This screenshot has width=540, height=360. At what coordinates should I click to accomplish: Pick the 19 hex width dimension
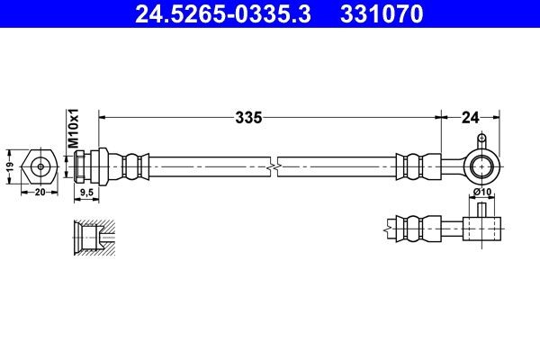point(9,166)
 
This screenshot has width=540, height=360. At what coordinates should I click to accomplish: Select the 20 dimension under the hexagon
point(39,192)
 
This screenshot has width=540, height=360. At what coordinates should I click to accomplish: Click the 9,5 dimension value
point(87,192)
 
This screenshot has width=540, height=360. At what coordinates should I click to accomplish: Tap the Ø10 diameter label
point(481,192)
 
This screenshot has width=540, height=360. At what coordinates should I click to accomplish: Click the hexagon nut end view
point(40,166)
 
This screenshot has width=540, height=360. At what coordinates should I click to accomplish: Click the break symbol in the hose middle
point(274,166)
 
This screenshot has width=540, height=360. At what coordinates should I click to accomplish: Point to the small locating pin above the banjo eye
point(482,139)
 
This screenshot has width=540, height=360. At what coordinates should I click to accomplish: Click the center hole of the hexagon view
point(40,166)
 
